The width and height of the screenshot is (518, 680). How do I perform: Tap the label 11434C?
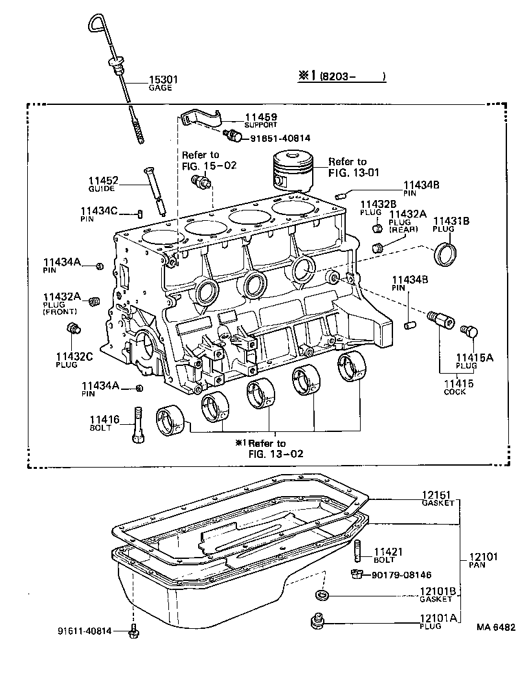(98, 210)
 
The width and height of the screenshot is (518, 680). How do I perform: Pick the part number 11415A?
(474, 357)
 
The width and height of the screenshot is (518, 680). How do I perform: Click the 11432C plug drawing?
(73, 330)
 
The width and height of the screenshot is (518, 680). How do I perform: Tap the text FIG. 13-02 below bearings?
(276, 453)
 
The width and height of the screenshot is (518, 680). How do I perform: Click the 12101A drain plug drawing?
(317, 620)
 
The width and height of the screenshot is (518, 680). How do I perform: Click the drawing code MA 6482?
(496, 627)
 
